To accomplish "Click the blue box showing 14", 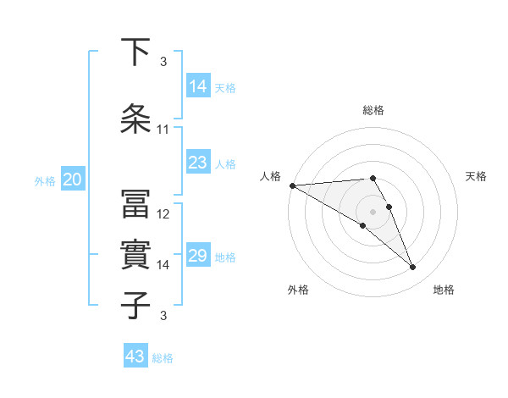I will pyautogui.click(x=198, y=86).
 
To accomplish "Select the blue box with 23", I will pyautogui.click(x=198, y=163).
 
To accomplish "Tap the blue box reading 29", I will pyautogui.click(x=198, y=256).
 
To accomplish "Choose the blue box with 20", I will pyautogui.click(x=73, y=180).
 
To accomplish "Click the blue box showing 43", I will pyautogui.click(x=135, y=357).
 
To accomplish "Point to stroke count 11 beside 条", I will pyautogui.click(x=163, y=130).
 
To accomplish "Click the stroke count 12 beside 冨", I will pyautogui.click(x=163, y=214).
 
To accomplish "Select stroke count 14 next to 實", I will pyautogui.click(x=163, y=265).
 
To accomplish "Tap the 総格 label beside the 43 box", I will pyautogui.click(x=163, y=358).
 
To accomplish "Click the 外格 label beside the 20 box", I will pyautogui.click(x=45, y=180).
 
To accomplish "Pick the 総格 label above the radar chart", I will pyautogui.click(x=373, y=110).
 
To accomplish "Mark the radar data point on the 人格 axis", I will pyautogui.click(x=292, y=185).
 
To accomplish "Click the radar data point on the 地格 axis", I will pyautogui.click(x=413, y=268).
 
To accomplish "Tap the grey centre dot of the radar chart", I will pyautogui.click(x=373, y=211).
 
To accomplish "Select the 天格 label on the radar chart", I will pyautogui.click(x=476, y=176).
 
